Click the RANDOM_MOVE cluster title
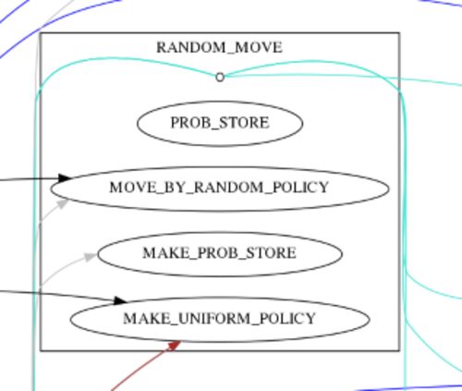219,48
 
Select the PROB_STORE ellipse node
220,123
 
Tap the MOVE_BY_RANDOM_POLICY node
220,189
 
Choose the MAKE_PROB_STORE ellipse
220,253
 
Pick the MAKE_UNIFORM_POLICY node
220,319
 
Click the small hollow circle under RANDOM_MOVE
220,78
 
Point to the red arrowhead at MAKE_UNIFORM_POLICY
173,346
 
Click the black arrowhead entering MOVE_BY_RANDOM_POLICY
65,177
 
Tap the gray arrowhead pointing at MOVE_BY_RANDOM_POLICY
63,204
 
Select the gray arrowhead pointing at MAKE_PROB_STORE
91,256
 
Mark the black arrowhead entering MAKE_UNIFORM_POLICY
120,300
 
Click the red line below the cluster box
140,368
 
